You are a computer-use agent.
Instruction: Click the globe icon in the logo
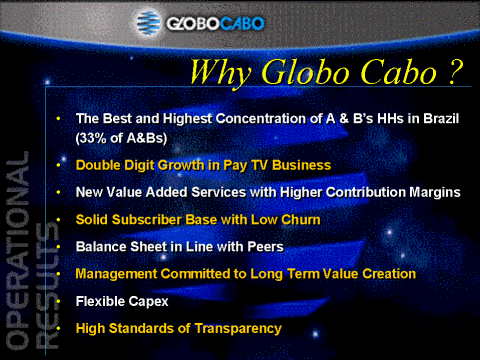pyautogui.click(x=149, y=23)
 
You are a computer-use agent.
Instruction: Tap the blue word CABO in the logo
pyautogui.click(x=242, y=24)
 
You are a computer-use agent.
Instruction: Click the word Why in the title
pyautogui.click(x=220, y=73)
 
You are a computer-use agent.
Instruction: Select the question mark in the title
pyautogui.click(x=455, y=71)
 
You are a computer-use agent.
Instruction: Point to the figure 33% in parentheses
pyautogui.click(x=92, y=138)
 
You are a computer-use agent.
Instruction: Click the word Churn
pyautogui.click(x=301, y=220)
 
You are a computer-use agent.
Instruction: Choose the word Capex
pyautogui.click(x=148, y=302)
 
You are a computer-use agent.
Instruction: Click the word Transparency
pyautogui.click(x=238, y=329)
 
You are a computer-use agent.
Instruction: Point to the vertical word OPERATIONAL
pyautogui.click(x=17, y=251)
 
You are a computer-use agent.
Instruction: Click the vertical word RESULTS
pyautogui.click(x=47, y=286)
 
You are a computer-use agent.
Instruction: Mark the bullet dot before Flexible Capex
pyautogui.click(x=58, y=302)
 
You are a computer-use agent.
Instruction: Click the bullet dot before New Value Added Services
pyautogui.click(x=58, y=192)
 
